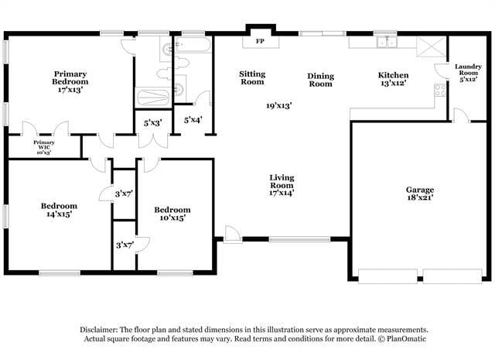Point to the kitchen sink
(x=384, y=43)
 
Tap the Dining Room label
(x=321, y=80)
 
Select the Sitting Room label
(x=252, y=77)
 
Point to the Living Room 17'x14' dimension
(x=282, y=194)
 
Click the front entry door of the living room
(x=231, y=232)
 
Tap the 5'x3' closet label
(x=153, y=123)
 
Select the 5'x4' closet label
(x=193, y=120)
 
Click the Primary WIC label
(x=43, y=146)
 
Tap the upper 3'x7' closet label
(x=125, y=193)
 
